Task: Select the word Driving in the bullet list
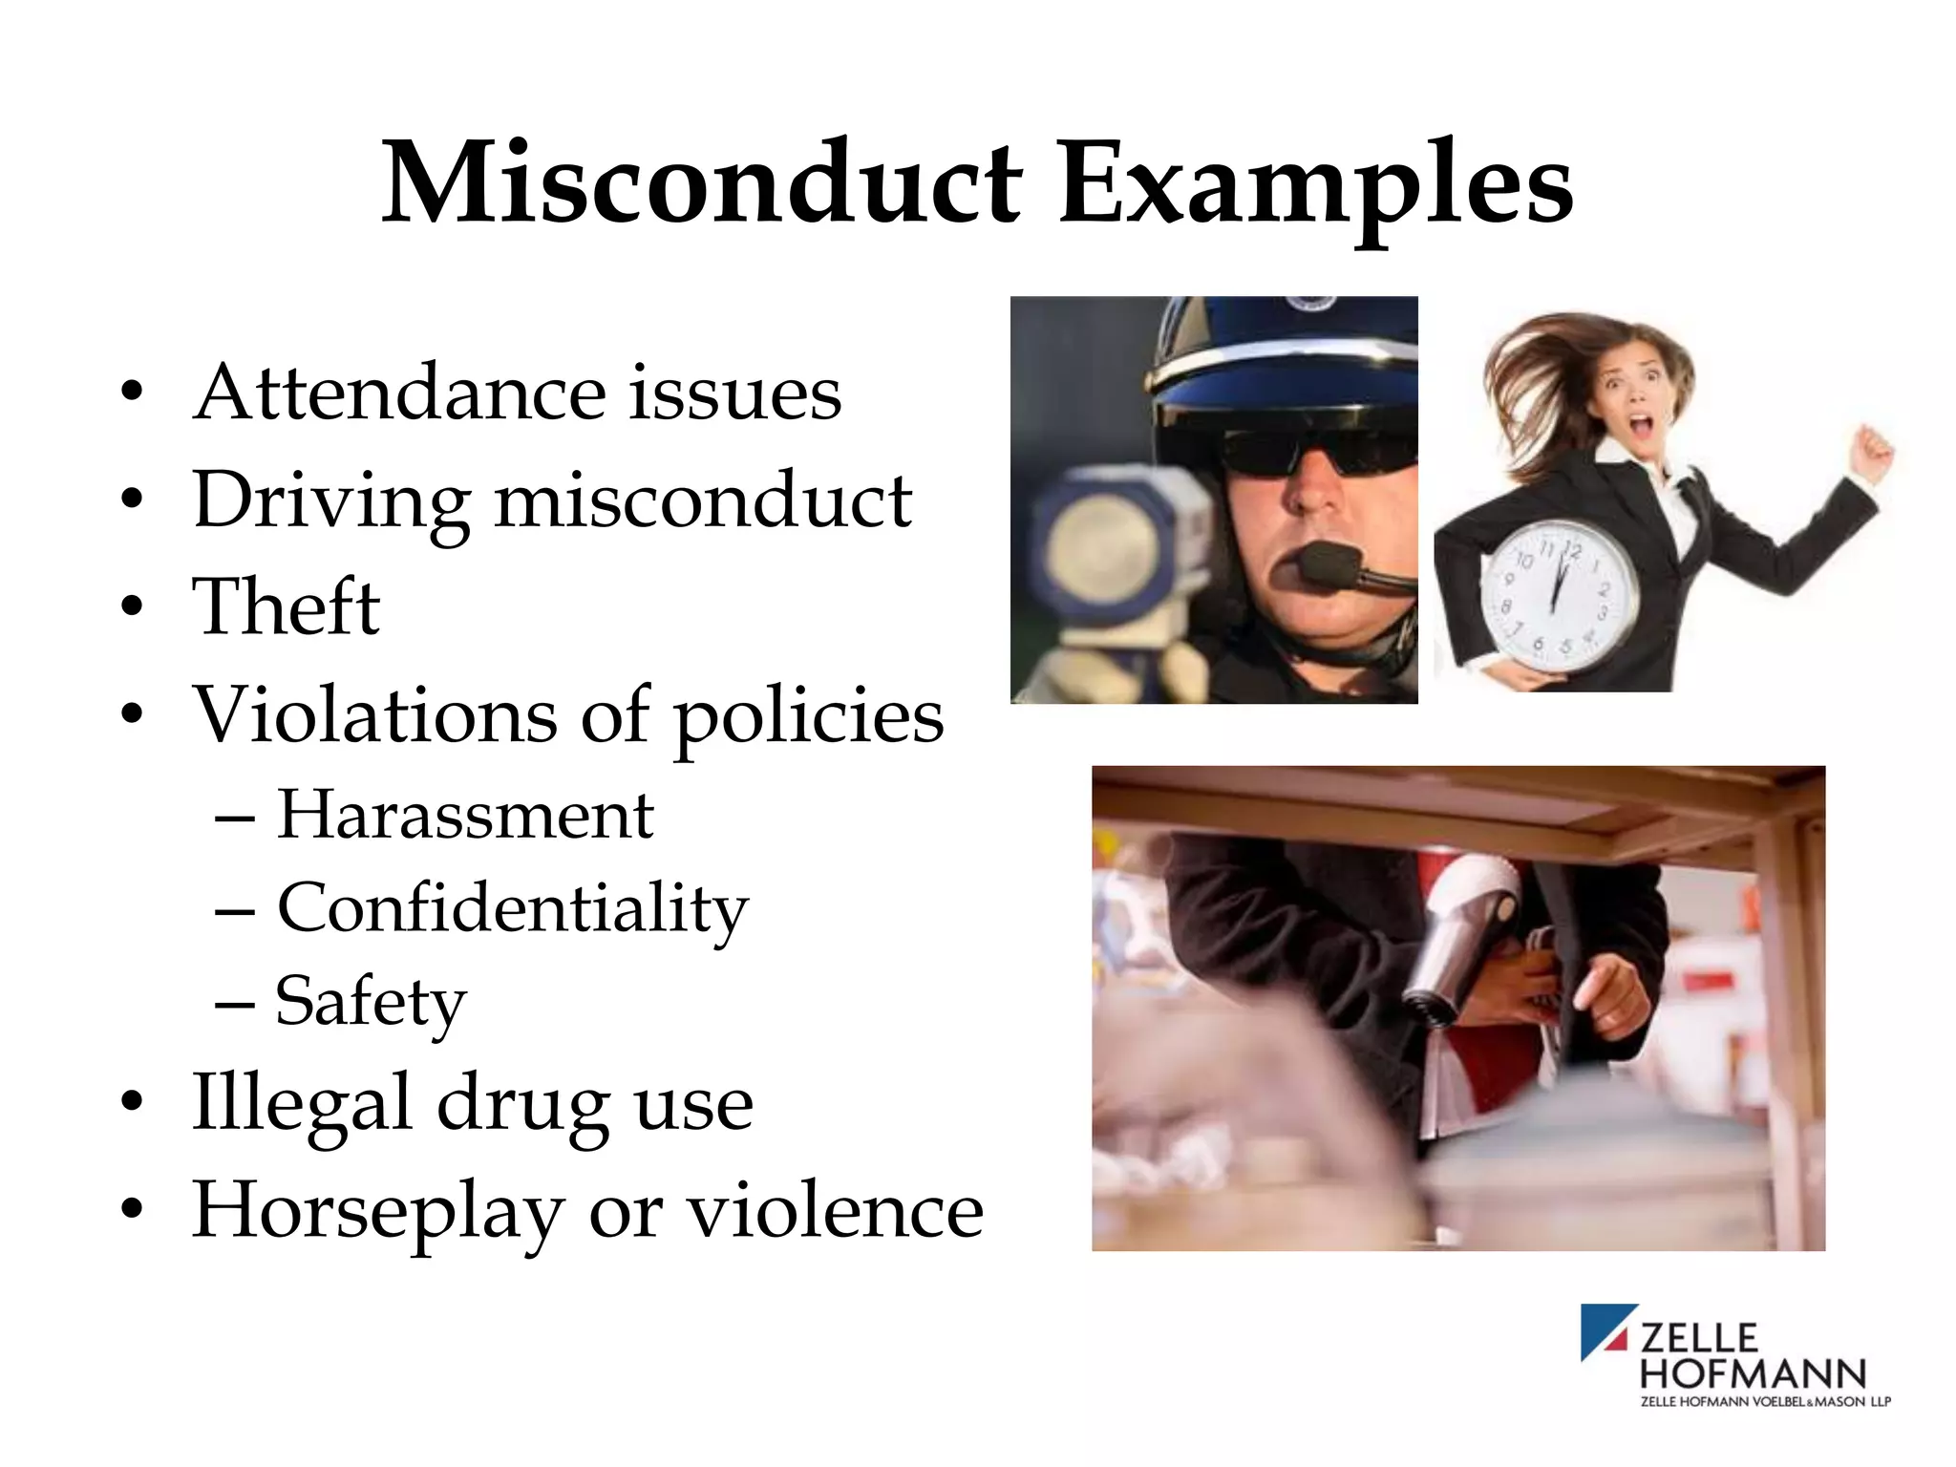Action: tap(330, 501)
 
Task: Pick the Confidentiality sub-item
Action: tap(512, 908)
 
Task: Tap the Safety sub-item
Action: tap(371, 1002)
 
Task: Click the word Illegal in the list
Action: tap(301, 1102)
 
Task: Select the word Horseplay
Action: tap(377, 1211)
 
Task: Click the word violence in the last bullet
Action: tap(835, 1209)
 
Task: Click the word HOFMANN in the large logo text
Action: tap(1753, 1373)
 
